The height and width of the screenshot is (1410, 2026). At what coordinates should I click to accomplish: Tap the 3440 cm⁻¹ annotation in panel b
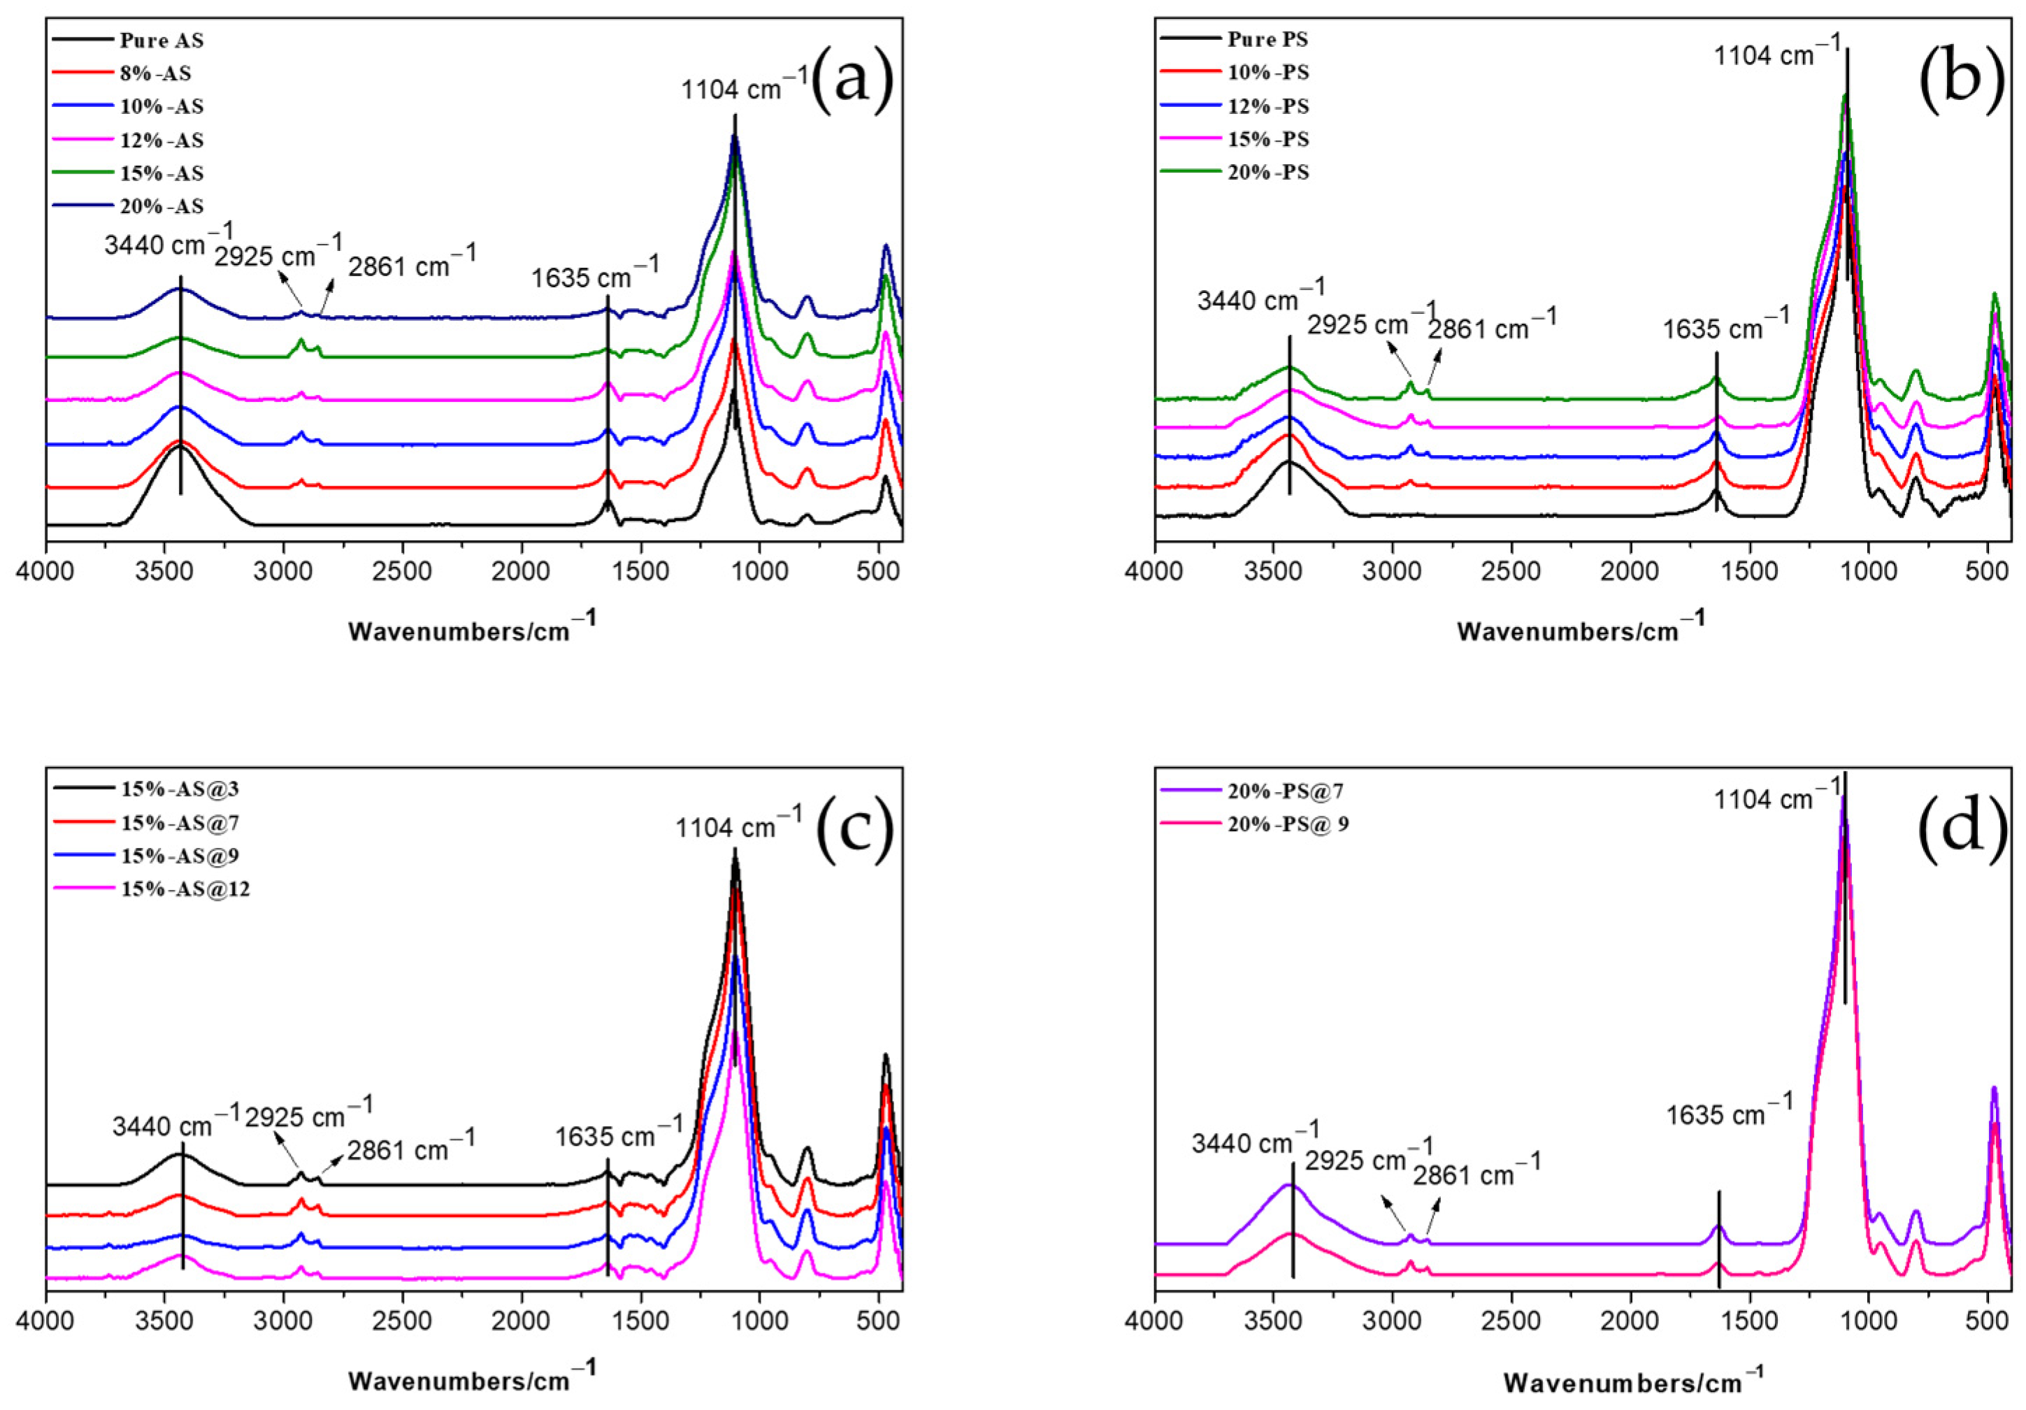click(1260, 296)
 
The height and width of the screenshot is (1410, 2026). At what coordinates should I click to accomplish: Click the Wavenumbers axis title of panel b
click(1581, 630)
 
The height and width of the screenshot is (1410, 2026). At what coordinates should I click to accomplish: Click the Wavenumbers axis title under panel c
click(472, 1379)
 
